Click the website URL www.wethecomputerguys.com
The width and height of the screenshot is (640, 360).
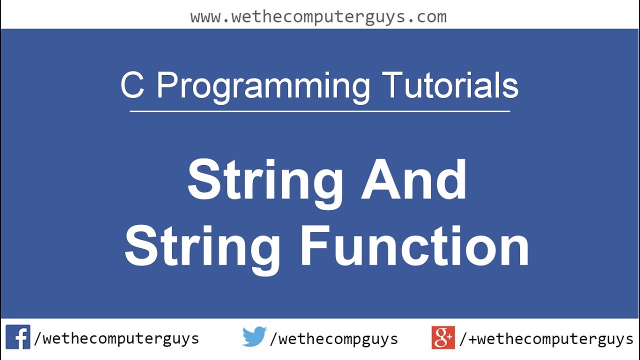[318, 17]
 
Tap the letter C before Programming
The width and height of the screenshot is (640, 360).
[132, 85]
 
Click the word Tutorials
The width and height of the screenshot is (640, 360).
[450, 85]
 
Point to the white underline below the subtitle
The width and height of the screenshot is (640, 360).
[320, 111]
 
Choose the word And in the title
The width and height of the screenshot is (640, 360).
[414, 179]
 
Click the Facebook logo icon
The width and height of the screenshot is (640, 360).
[18, 337]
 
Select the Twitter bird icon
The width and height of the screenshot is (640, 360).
[254, 337]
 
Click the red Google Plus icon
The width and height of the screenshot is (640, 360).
[443, 337]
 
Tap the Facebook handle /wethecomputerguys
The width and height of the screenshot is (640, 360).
[116, 339]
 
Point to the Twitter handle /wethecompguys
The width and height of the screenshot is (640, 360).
[333, 339]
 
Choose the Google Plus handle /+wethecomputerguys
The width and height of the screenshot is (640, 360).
[546, 339]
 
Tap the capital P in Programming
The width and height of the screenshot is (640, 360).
[167, 85]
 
